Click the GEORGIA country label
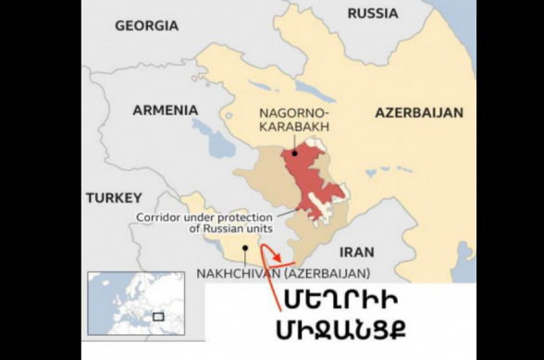[145, 26]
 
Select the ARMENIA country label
[165, 109]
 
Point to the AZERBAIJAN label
[418, 112]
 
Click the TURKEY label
[114, 197]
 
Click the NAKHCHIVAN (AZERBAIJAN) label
[282, 273]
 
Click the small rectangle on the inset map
[158, 317]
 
